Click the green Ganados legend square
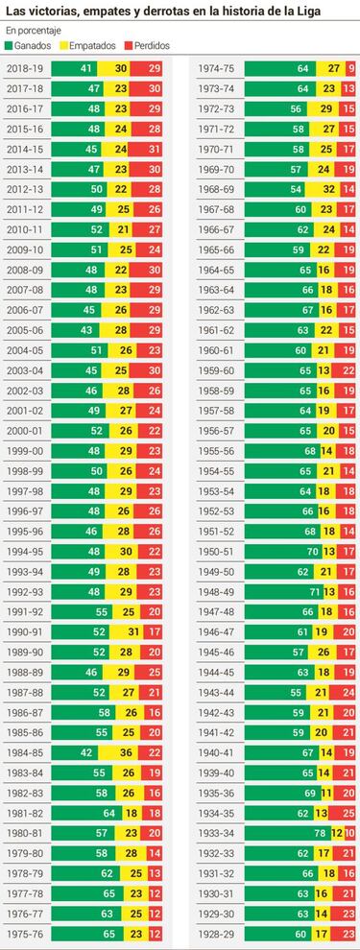tap(10, 45)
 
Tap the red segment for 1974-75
tap(350, 68)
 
